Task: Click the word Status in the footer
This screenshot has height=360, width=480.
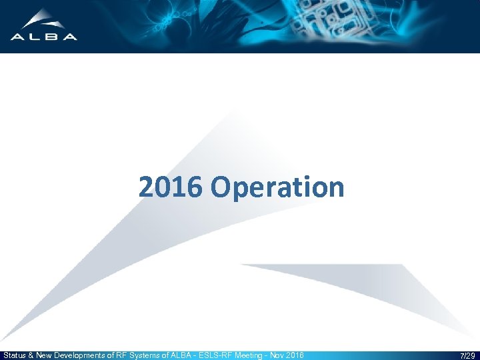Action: pyautogui.click(x=15, y=355)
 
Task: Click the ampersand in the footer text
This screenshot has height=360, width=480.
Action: pyautogui.click(x=32, y=355)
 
